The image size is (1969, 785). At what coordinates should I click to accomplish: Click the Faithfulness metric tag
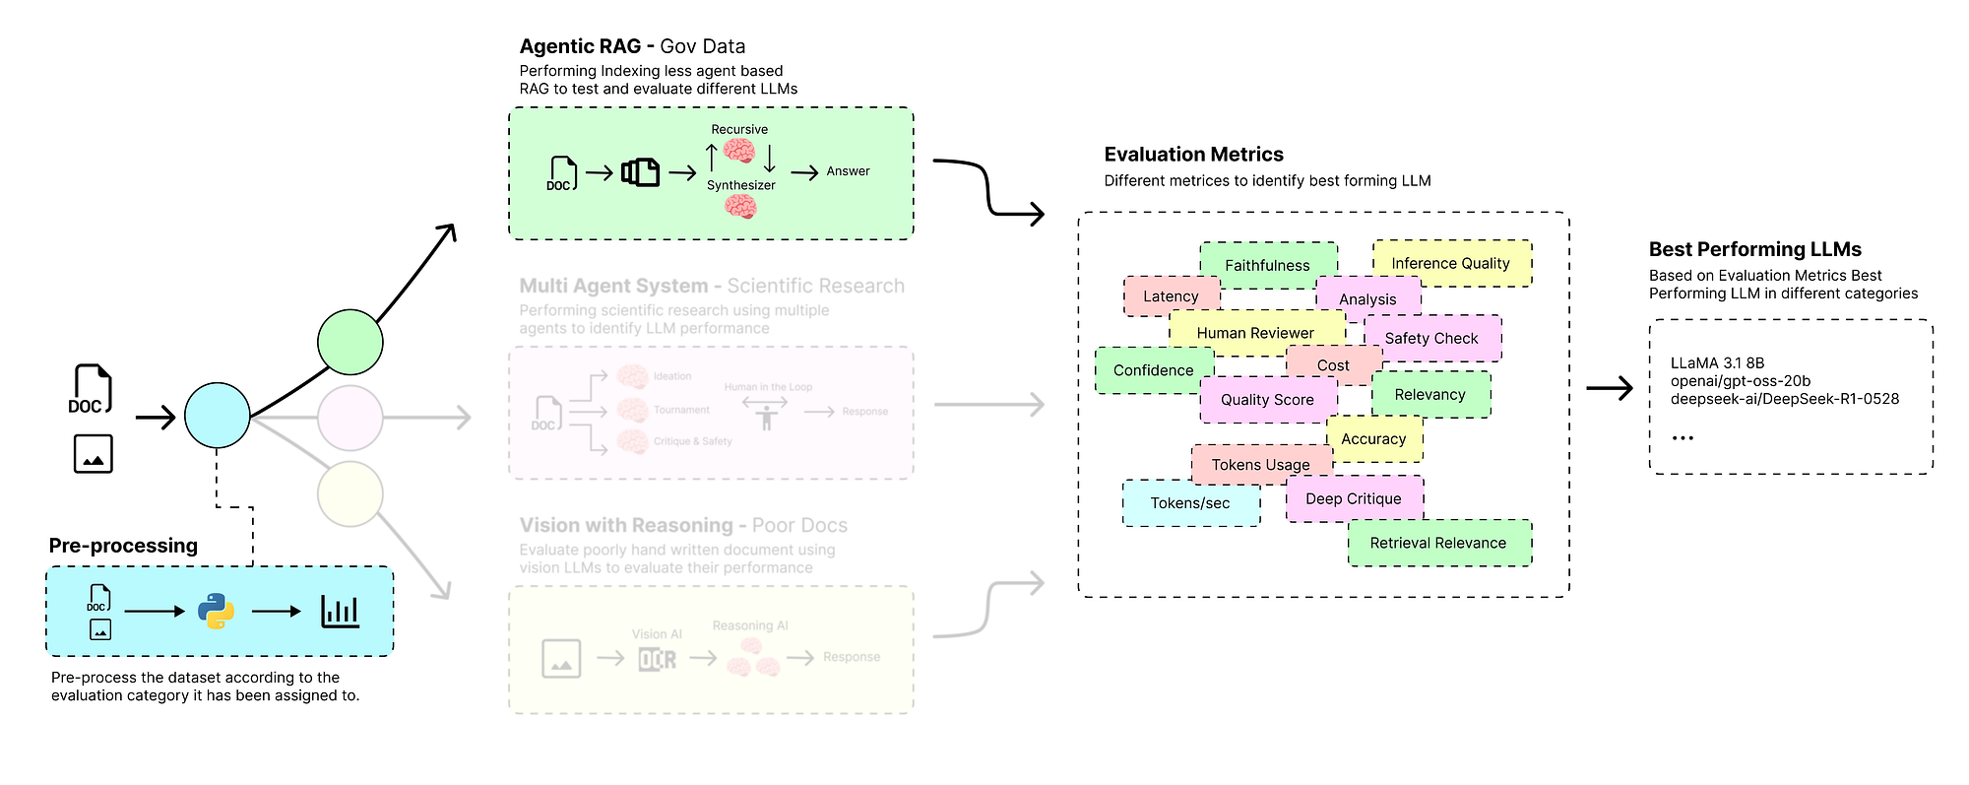[x=1268, y=265]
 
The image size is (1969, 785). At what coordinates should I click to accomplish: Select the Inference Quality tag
[x=1451, y=263]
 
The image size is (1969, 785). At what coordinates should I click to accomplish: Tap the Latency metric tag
[x=1171, y=296]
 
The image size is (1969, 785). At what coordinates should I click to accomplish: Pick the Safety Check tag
[x=1432, y=338]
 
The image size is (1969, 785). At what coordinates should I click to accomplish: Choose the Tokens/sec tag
[x=1190, y=503]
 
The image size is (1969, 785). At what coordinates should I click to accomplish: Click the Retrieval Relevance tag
[x=1438, y=543]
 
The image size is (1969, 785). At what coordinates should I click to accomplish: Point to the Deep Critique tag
[x=1354, y=499]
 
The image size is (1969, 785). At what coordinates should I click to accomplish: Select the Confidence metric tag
[x=1153, y=370]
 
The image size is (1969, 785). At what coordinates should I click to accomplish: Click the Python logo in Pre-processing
[x=217, y=612]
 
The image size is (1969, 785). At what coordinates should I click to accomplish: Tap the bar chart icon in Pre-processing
[x=341, y=612]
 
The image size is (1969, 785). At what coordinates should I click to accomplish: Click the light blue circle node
[x=218, y=416]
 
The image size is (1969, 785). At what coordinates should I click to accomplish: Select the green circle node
[x=350, y=342]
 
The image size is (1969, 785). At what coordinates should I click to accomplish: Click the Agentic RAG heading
[x=632, y=46]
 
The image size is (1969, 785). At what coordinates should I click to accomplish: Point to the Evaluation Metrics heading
[x=1193, y=155]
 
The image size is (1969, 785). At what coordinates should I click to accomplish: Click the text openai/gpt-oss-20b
[x=1740, y=381]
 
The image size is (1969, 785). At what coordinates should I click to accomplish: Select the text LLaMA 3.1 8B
[x=1717, y=363]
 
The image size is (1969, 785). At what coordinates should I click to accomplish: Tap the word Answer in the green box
[x=848, y=171]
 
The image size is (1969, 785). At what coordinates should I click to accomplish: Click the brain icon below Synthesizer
[x=740, y=207]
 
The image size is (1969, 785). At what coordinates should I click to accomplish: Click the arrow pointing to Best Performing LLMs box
[x=1610, y=388]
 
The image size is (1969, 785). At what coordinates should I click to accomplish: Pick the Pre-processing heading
[x=123, y=546]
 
